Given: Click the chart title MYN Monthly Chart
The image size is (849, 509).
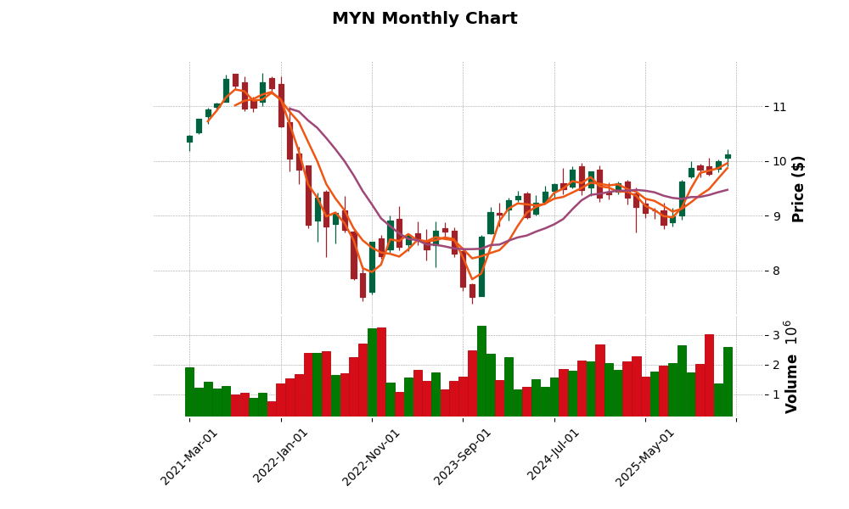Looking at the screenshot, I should (x=424, y=19).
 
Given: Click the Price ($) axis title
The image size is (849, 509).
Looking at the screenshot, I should (x=798, y=188).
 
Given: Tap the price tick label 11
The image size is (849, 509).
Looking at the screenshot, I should (x=779, y=107).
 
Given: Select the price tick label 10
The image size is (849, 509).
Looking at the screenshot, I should (x=779, y=162).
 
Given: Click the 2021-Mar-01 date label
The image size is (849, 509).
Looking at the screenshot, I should (x=190, y=456).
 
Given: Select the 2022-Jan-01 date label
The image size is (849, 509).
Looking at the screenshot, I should (x=282, y=456).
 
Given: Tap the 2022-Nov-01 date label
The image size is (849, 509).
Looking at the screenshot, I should (x=372, y=456).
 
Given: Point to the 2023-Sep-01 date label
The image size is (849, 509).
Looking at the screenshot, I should (x=464, y=456).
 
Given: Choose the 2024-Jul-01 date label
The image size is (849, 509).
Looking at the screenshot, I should (x=554, y=456).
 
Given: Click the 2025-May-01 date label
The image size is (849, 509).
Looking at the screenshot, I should (x=645, y=456).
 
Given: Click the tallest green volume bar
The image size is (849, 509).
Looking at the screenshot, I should (x=481, y=371).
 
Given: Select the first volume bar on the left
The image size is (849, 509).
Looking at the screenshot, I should (x=189, y=392).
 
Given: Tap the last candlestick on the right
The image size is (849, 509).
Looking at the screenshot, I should (x=728, y=156).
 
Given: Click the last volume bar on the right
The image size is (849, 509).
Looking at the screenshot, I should (x=728, y=382).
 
